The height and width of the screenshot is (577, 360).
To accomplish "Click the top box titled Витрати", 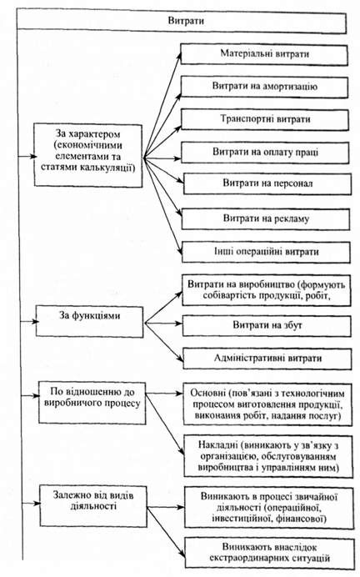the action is [x=182, y=22].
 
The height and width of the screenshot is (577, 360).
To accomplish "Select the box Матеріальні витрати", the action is [x=264, y=55].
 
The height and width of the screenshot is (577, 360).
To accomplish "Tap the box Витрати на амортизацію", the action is [x=264, y=87].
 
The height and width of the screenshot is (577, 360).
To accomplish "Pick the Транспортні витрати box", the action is [x=265, y=119].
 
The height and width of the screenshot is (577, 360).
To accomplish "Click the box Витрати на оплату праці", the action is [x=265, y=153].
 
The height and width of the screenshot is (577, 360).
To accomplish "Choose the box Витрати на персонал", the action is [x=267, y=183].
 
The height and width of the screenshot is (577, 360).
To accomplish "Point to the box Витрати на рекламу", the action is [x=266, y=219].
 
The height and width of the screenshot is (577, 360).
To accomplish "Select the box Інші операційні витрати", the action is [x=266, y=252].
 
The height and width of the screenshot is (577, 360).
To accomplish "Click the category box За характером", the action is [x=87, y=155].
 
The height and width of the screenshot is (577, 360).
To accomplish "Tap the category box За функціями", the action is [x=89, y=322].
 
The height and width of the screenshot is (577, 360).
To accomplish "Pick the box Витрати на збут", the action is [x=267, y=325].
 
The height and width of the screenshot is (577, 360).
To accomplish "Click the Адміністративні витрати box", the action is [x=267, y=359].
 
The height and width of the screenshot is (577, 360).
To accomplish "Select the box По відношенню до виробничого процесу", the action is [x=92, y=402].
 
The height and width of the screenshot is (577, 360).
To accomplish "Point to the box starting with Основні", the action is [x=267, y=404].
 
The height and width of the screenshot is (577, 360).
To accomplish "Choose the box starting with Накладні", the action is [x=268, y=456].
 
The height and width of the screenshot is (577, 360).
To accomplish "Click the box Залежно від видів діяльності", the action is [x=93, y=506].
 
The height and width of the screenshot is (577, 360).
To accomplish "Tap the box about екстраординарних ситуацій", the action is [x=269, y=552].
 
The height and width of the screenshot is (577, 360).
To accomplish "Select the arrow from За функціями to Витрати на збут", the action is [x=163, y=324].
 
